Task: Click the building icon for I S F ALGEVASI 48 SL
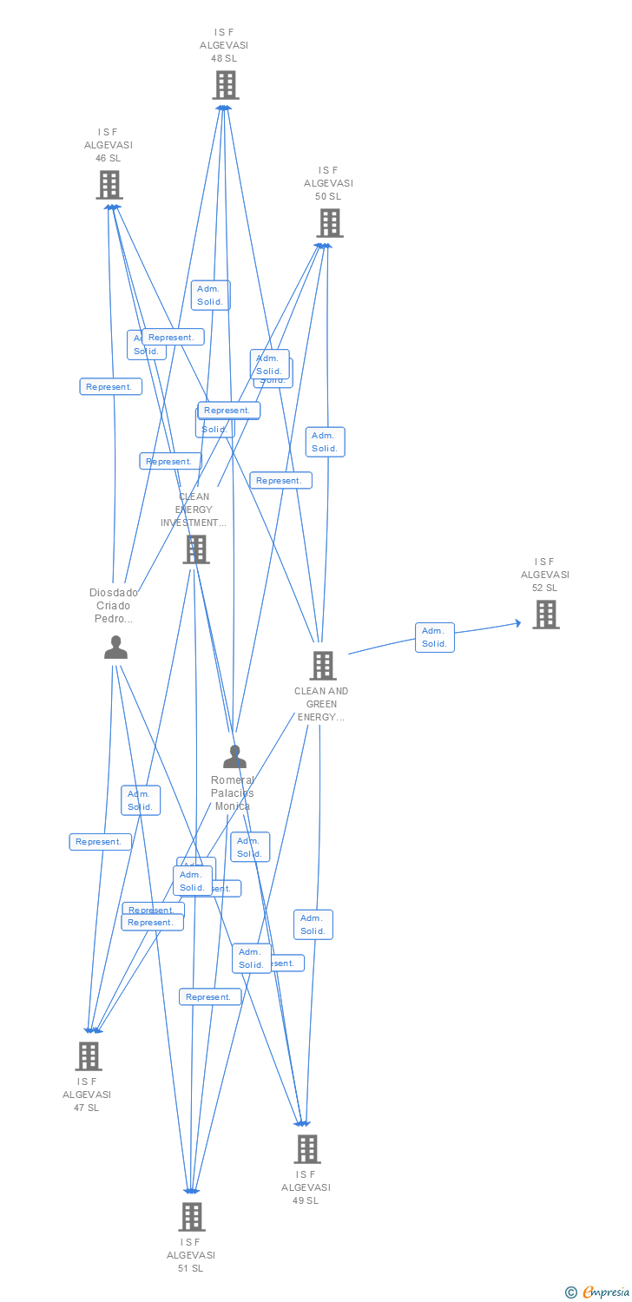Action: click(226, 85)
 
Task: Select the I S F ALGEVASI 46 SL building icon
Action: click(109, 185)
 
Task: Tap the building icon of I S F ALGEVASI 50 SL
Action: click(329, 223)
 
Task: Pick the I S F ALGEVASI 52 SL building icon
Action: click(545, 615)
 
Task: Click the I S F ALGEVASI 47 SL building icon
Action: click(89, 1056)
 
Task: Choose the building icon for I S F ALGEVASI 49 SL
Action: click(306, 1149)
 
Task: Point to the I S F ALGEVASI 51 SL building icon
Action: click(192, 1217)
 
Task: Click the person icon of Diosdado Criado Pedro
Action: click(115, 648)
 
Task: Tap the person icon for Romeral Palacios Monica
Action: click(234, 757)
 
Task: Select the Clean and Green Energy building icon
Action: click(323, 666)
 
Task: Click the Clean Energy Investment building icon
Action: click(196, 549)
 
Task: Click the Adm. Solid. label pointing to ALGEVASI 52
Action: click(434, 637)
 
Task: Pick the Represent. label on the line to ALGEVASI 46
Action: click(110, 387)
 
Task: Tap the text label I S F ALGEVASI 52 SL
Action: click(545, 575)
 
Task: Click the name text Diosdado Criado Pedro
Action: click(114, 606)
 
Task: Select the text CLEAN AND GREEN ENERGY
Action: click(321, 704)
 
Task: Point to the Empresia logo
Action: click(599, 1292)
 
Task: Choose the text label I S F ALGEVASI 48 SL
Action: click(224, 45)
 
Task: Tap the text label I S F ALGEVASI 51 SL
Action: click(191, 1255)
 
